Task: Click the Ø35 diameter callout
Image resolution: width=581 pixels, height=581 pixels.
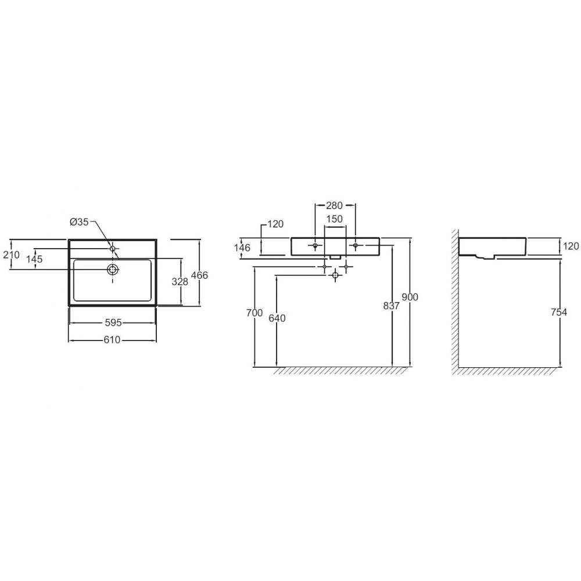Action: pyautogui.click(x=79, y=222)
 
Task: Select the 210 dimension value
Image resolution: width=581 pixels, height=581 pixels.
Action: pyautogui.click(x=11, y=254)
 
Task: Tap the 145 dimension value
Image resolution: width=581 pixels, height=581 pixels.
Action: pyautogui.click(x=34, y=259)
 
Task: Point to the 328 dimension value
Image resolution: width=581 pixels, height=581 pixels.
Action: pyautogui.click(x=180, y=282)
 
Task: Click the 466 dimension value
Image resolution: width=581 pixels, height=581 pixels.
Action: pyautogui.click(x=199, y=275)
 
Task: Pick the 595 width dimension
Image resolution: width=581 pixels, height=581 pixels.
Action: pyautogui.click(x=113, y=322)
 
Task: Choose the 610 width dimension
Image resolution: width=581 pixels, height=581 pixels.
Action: pyautogui.click(x=112, y=340)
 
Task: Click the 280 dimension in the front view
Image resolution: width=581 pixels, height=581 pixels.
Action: pyautogui.click(x=334, y=205)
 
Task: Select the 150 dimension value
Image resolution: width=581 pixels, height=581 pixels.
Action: pyautogui.click(x=334, y=219)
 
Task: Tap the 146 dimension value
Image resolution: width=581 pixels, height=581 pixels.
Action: pyautogui.click(x=242, y=248)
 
